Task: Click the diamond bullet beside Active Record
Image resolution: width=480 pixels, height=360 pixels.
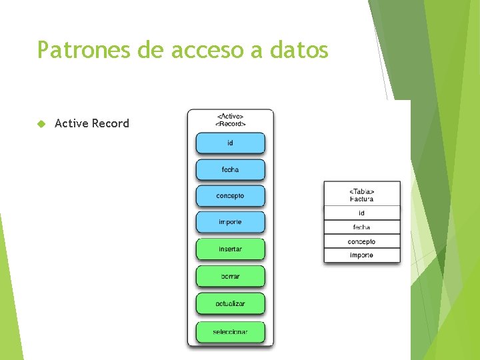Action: (x=41, y=123)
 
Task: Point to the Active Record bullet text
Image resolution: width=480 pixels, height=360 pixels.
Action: (x=92, y=123)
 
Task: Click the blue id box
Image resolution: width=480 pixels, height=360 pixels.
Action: (x=230, y=143)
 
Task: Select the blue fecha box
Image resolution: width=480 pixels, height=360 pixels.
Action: (x=230, y=169)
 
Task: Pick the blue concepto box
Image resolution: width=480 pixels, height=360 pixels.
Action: (x=230, y=196)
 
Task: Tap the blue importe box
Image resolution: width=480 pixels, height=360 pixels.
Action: (x=230, y=222)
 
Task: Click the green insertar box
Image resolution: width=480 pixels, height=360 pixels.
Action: (x=230, y=249)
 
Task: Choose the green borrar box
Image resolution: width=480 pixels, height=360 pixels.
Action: (x=230, y=276)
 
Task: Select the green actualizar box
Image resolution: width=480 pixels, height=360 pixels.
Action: (x=230, y=304)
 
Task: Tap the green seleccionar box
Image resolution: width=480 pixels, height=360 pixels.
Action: (x=230, y=332)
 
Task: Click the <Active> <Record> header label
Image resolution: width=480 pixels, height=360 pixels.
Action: (x=230, y=120)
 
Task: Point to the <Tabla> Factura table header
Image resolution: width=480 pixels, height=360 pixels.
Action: (x=362, y=195)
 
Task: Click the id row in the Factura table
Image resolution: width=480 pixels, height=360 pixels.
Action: (x=362, y=213)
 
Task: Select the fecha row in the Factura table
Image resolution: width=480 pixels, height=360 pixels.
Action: (x=362, y=227)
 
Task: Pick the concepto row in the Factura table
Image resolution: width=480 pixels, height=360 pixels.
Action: (x=362, y=241)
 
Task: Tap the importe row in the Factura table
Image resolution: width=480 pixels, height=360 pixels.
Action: (x=362, y=255)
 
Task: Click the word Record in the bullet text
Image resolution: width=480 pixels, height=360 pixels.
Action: (x=111, y=123)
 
